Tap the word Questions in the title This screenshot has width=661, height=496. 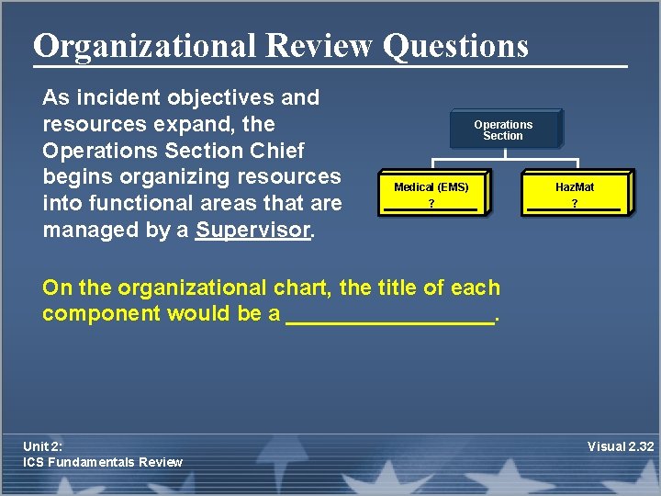455,45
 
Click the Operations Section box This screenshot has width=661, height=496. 503,130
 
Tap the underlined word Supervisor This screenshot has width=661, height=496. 252,230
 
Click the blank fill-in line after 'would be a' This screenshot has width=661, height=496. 390,315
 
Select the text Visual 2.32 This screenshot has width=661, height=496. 621,447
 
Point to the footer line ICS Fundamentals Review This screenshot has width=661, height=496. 103,462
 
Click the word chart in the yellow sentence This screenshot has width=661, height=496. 303,287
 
